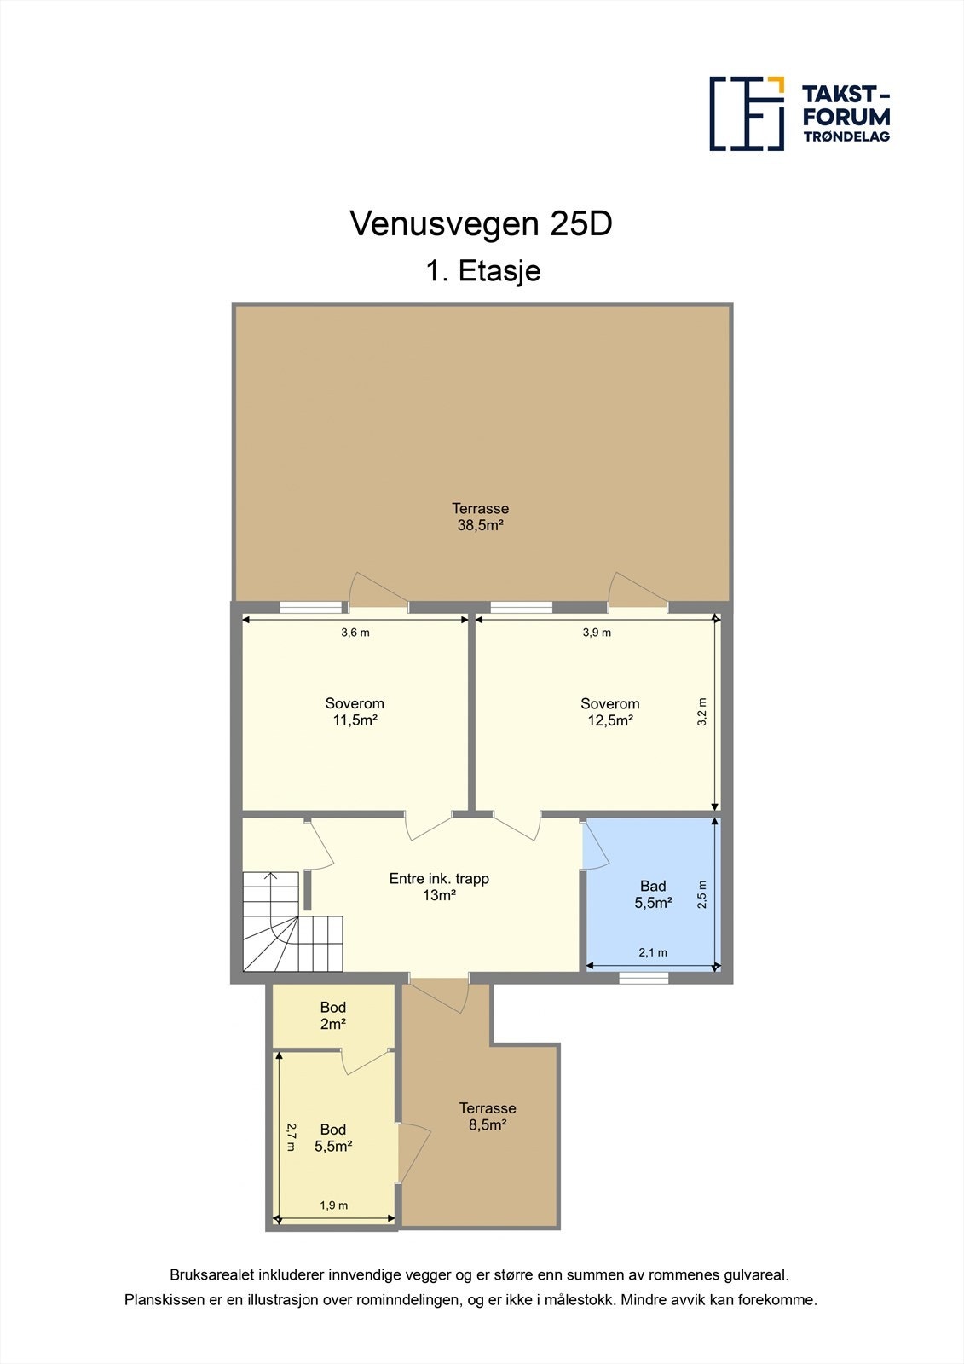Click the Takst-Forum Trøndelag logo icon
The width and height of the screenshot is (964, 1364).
pyautogui.click(x=747, y=113)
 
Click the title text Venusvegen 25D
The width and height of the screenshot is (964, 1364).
pyautogui.click(x=481, y=223)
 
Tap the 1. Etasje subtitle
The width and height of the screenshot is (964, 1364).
pyautogui.click(x=483, y=270)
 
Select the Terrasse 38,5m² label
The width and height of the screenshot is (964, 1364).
pyautogui.click(x=481, y=517)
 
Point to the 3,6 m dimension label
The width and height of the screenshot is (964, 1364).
pyautogui.click(x=355, y=632)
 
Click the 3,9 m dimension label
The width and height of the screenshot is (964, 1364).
pyautogui.click(x=597, y=632)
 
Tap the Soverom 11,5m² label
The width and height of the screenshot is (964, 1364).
pyautogui.click(x=355, y=712)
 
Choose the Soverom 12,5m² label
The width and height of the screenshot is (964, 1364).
pyautogui.click(x=610, y=712)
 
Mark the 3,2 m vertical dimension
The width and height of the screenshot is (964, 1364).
pyautogui.click(x=702, y=711)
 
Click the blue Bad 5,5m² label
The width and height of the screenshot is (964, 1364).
pyautogui.click(x=654, y=894)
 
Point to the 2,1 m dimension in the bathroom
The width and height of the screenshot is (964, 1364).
pyautogui.click(x=653, y=952)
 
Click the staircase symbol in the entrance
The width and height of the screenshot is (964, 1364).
pyautogui.click(x=292, y=922)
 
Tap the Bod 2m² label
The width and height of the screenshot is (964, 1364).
pyautogui.click(x=333, y=1015)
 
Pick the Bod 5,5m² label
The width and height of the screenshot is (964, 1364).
pyautogui.click(x=333, y=1137)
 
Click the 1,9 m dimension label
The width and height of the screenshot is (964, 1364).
pyautogui.click(x=334, y=1205)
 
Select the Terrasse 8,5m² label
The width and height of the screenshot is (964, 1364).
pyautogui.click(x=488, y=1116)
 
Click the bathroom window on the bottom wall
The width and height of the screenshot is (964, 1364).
pyautogui.click(x=644, y=978)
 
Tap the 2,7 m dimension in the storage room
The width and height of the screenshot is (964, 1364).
pyautogui.click(x=291, y=1137)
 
